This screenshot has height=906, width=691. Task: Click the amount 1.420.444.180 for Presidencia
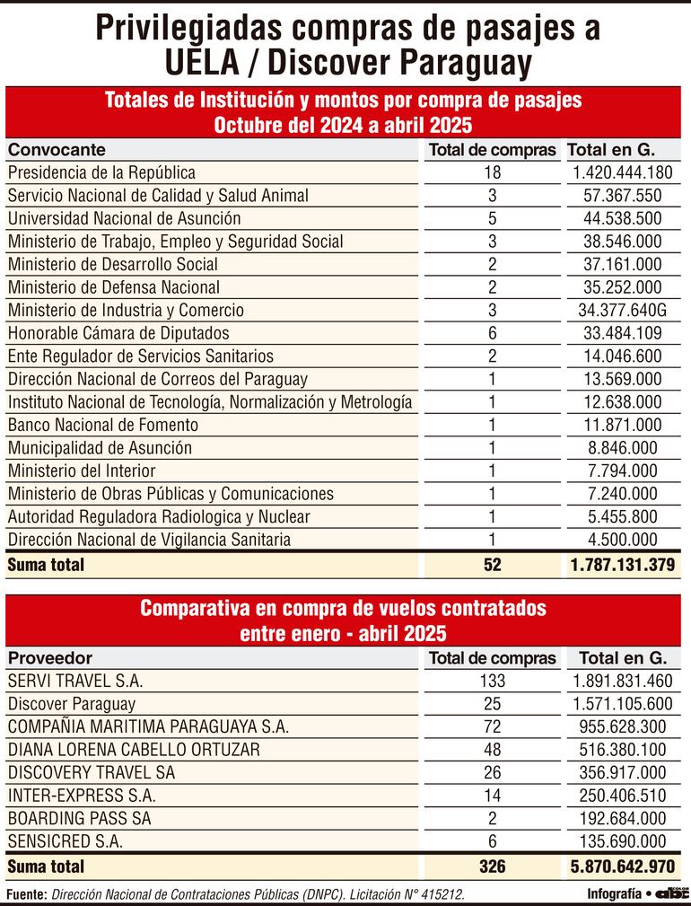[x=620, y=172]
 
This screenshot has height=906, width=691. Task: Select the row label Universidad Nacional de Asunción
[x=124, y=218]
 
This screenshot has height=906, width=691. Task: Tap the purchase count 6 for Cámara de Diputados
[x=491, y=333]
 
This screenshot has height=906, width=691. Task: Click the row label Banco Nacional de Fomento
[x=103, y=425]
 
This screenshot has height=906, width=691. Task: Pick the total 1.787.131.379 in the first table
[x=621, y=565]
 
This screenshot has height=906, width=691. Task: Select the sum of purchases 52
[x=491, y=565]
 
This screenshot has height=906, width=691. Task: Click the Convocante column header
[x=57, y=149]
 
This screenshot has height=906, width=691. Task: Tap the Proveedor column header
[x=50, y=658]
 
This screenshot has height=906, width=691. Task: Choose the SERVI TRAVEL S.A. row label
[x=75, y=682]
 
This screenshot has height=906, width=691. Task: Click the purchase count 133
[x=492, y=682]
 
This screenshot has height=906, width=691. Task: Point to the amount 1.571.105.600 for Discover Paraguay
[x=621, y=705]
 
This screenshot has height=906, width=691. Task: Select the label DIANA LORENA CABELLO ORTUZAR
[x=133, y=750]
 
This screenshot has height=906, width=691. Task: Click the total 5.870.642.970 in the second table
[x=621, y=866]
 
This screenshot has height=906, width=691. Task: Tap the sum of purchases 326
[x=492, y=866]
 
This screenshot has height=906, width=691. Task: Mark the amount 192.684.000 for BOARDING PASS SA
[x=621, y=819]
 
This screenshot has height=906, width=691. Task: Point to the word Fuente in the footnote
[x=26, y=894]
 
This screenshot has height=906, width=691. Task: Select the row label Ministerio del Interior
[x=82, y=471]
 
